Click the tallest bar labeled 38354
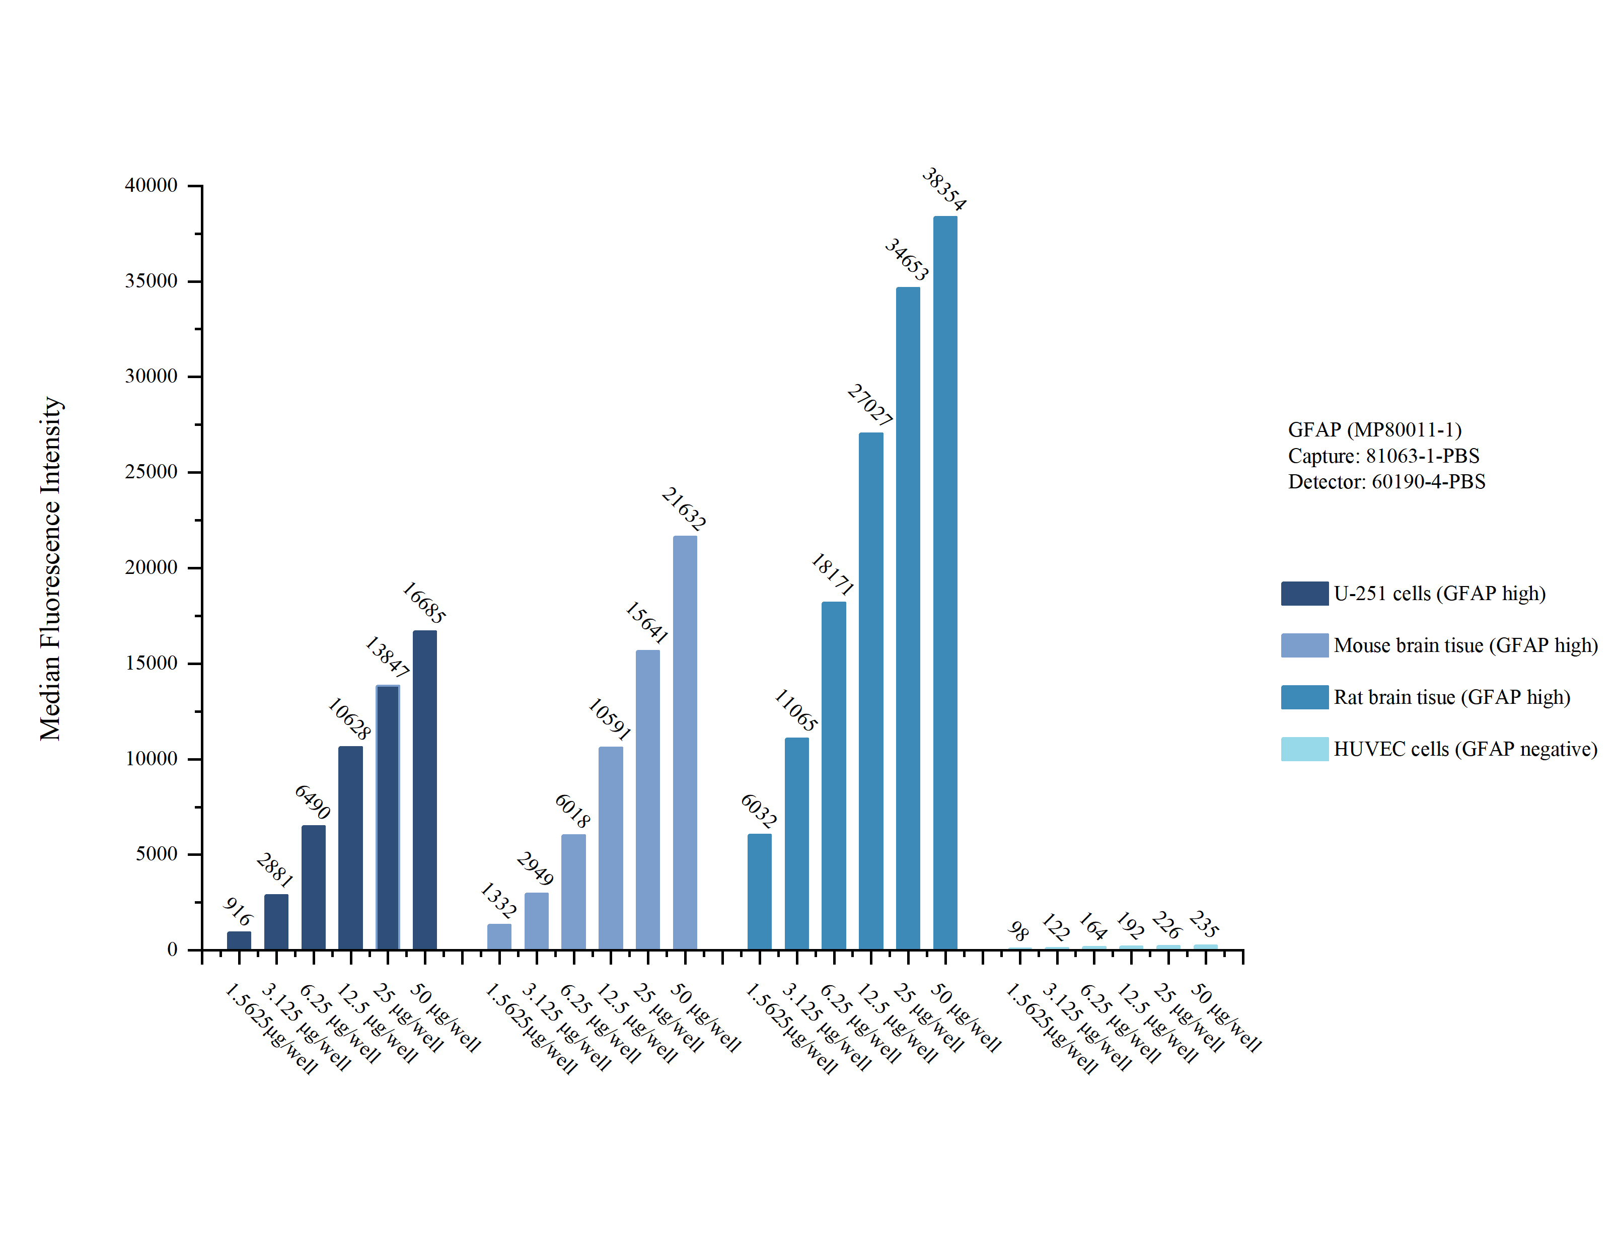point(944,582)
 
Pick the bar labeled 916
point(238,940)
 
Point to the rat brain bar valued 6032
point(759,891)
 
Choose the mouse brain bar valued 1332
point(498,936)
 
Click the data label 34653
point(906,259)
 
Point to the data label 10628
point(349,718)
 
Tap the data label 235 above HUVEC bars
point(1203,923)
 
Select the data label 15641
point(646,622)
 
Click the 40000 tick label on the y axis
point(151,185)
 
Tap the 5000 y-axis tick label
point(156,853)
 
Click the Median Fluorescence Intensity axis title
point(50,568)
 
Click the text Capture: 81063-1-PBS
point(1383,456)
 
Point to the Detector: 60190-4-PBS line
point(1386,482)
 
